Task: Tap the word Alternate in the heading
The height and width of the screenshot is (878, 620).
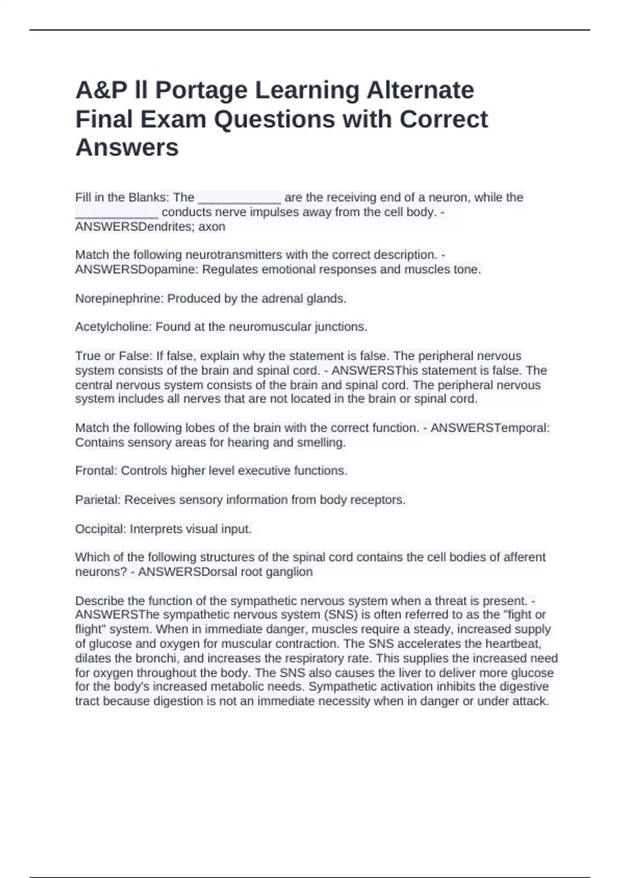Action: pyautogui.click(x=420, y=90)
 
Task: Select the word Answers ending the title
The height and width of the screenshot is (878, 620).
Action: pyautogui.click(x=127, y=148)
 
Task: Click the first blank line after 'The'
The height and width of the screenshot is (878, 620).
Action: pyautogui.click(x=239, y=199)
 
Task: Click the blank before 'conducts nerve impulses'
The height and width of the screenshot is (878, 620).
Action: pyautogui.click(x=117, y=213)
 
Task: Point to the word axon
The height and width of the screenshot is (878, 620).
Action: pyautogui.click(x=212, y=227)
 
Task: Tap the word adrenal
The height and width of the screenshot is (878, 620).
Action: pyautogui.click(x=283, y=299)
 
